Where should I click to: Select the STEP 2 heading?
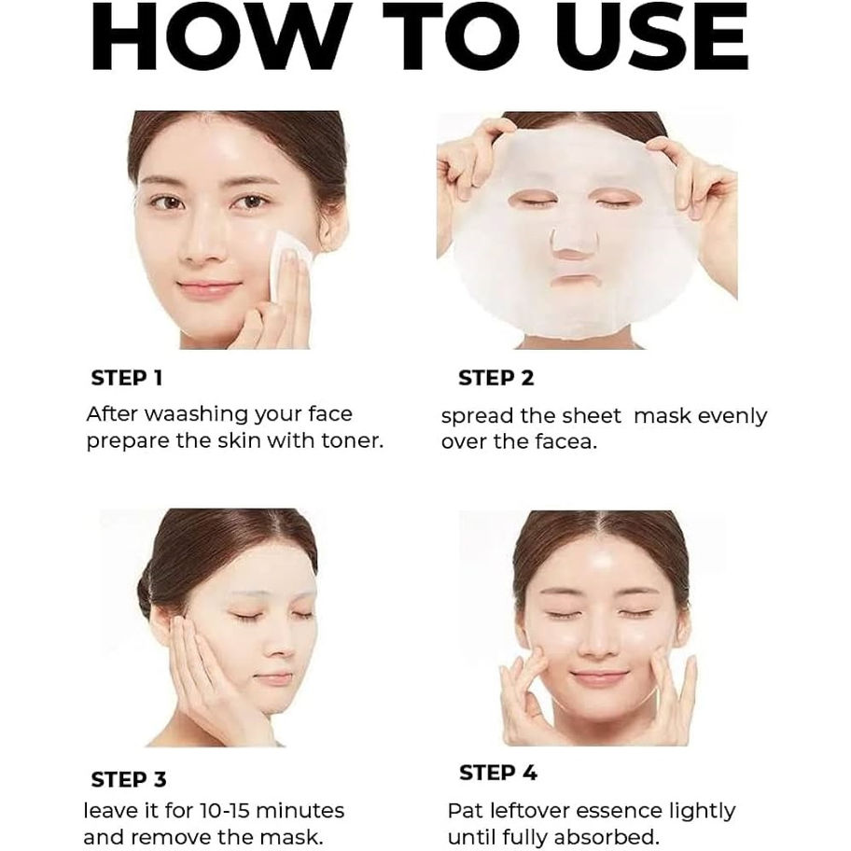point(495,378)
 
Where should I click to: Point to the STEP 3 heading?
point(129,778)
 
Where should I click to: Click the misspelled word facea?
point(565,441)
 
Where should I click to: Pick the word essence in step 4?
point(613,810)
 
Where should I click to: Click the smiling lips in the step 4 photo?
point(598,677)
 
